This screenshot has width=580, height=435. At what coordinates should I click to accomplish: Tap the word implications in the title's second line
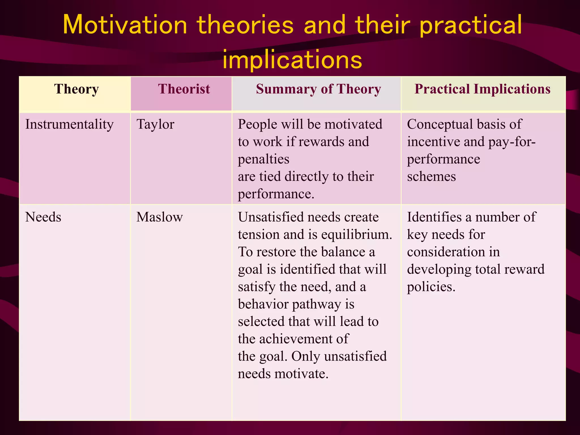tap(292, 59)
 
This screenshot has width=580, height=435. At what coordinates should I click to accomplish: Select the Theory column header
tap(76, 89)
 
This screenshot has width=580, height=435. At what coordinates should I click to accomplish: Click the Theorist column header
tap(184, 89)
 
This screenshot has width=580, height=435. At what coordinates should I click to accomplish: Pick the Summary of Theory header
tap(318, 89)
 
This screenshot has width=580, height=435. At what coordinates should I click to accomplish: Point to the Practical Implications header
tap(482, 89)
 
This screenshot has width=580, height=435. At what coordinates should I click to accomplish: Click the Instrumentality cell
tap(69, 125)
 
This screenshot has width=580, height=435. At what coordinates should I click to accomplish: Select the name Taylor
tap(155, 125)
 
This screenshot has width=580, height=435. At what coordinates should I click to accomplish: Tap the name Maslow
tap(159, 217)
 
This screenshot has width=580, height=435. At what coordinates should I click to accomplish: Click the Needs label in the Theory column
tap(43, 217)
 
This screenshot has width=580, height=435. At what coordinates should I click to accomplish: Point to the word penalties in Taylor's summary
tap(263, 159)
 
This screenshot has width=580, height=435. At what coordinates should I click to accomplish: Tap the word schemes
tap(431, 177)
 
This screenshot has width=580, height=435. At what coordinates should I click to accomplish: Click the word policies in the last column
tap(431, 287)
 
